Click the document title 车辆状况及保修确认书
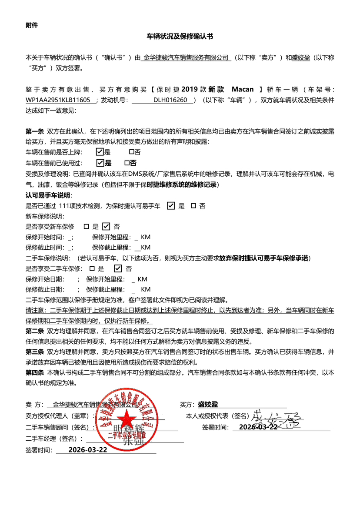180,37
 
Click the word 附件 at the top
32,25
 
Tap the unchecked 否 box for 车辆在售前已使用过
127,163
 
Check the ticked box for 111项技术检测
171,205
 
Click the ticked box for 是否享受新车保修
106,226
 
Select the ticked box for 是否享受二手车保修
118,268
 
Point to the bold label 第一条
35,131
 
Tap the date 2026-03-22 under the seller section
87,450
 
